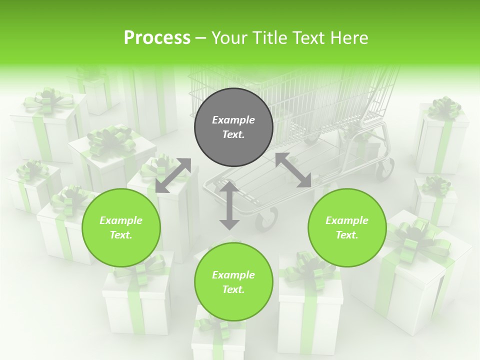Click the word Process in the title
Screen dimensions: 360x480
(x=157, y=38)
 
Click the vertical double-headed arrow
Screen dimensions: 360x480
(x=229, y=205)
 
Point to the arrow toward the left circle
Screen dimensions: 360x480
(x=173, y=175)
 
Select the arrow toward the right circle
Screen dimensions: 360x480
(x=293, y=170)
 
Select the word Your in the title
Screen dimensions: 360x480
(x=229, y=38)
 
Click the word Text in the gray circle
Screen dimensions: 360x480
(x=233, y=134)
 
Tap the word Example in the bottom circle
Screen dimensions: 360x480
(x=233, y=275)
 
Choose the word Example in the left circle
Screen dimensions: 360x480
(x=121, y=220)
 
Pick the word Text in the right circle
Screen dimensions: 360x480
(x=347, y=235)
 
